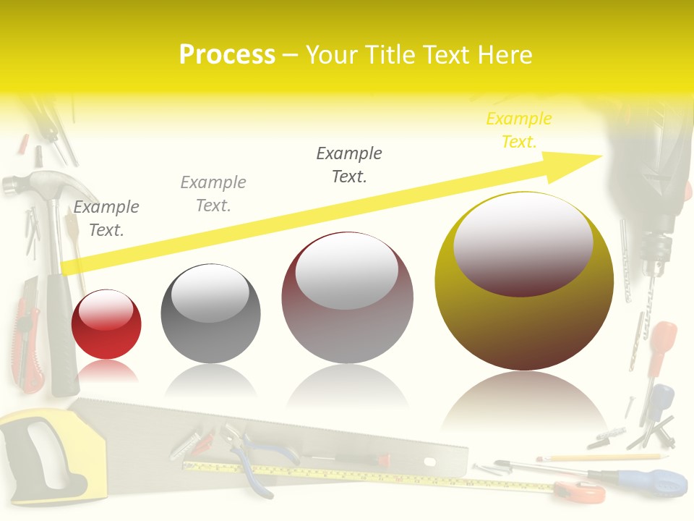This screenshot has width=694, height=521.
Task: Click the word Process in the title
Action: [227, 55]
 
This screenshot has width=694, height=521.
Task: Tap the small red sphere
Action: [106, 324]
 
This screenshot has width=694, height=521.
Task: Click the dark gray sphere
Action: [210, 314]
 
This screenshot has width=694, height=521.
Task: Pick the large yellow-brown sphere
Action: [524, 281]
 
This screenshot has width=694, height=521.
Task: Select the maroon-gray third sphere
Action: [347, 297]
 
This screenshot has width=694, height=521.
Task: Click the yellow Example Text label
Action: [519, 130]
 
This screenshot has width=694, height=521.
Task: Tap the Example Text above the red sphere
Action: [106, 219]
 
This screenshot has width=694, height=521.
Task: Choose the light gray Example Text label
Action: [213, 194]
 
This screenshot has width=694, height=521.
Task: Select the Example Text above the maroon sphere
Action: [349, 165]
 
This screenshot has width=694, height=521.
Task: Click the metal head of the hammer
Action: [29, 185]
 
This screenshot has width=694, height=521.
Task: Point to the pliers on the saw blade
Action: [249, 456]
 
